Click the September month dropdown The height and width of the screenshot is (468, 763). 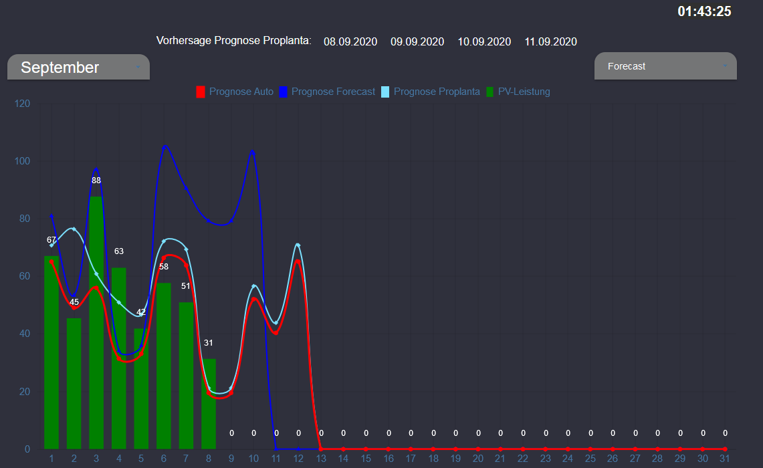click(78, 68)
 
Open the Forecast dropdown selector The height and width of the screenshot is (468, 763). click(665, 66)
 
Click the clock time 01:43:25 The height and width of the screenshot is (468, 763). click(704, 11)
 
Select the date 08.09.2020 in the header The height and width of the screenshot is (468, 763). click(350, 41)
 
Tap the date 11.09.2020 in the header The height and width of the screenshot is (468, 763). click(550, 41)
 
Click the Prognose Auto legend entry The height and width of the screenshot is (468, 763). click(235, 92)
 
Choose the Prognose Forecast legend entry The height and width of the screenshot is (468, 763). click(327, 92)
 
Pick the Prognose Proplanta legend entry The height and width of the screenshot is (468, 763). click(431, 92)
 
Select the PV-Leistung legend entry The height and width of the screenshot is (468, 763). click(518, 92)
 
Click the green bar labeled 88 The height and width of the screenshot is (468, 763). click(96, 321)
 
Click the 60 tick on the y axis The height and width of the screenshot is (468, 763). click(25, 276)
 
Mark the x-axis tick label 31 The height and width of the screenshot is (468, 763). click(724, 459)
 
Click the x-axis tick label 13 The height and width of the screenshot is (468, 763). click(321, 459)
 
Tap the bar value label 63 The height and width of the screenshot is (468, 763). click(119, 251)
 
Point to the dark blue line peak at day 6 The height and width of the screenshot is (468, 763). click(165, 146)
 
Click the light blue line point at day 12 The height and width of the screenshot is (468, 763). click(298, 245)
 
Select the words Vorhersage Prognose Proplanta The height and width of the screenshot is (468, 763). click(233, 41)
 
